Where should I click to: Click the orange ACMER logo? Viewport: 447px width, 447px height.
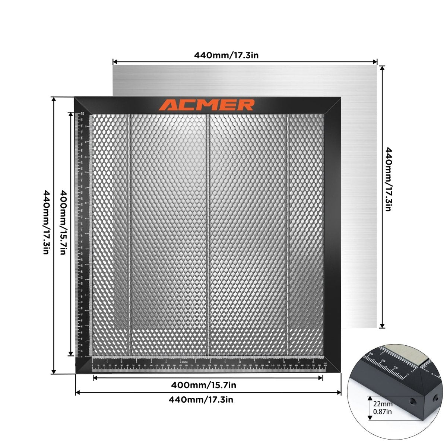[x=207, y=105]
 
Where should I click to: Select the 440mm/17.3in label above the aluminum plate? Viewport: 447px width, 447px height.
[x=226, y=55]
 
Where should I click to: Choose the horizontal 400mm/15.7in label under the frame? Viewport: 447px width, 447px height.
[x=204, y=385]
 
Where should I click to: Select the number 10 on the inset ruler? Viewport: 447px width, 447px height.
[x=396, y=368]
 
